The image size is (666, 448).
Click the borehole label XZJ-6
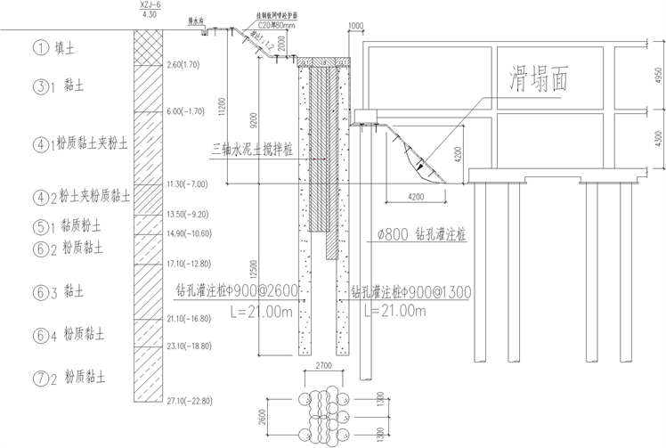(149, 5)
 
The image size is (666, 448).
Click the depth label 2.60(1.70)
(187, 64)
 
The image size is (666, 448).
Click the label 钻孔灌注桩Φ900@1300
(411, 292)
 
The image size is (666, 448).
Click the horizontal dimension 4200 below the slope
(416, 195)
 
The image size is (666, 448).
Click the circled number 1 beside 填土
(40, 48)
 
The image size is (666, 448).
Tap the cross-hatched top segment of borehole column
(148, 43)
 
